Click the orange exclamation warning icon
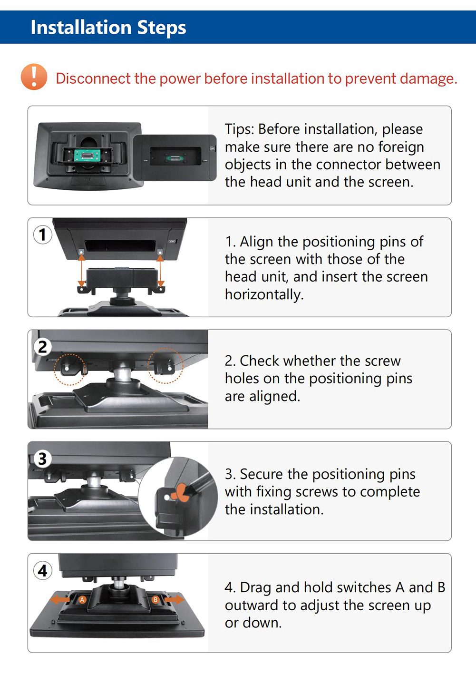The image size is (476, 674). [34, 77]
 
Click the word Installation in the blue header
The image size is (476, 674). [81, 28]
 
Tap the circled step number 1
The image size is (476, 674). [42, 234]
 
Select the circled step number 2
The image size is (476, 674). [42, 347]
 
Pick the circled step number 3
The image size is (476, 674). [42, 459]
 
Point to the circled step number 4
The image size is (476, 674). [42, 571]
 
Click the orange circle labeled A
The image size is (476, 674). [82, 600]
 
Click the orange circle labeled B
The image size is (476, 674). [155, 600]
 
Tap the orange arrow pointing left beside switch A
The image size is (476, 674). [60, 600]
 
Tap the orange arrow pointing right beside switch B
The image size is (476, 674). [175, 599]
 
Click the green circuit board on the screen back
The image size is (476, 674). [87, 155]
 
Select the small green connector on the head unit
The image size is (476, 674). [174, 157]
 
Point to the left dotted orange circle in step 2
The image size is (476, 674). [70, 370]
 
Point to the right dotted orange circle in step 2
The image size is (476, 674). [165, 366]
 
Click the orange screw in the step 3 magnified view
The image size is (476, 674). [179, 493]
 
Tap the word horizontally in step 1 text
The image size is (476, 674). [264, 294]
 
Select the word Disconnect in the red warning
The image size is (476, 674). [93, 78]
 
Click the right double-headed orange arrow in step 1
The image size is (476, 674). [160, 271]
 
